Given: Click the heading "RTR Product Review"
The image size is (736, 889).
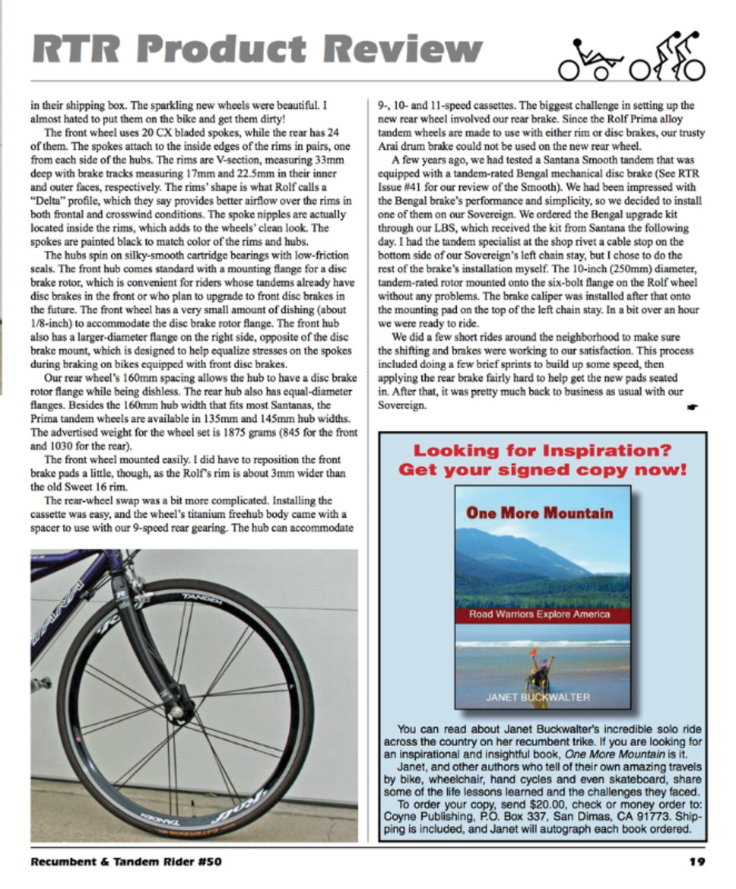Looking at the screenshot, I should tap(257, 50).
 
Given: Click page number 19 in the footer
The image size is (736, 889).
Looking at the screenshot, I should tap(697, 861).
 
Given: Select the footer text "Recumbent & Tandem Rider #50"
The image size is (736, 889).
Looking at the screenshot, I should tap(126, 861).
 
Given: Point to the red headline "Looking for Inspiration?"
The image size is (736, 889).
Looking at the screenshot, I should tap(542, 451).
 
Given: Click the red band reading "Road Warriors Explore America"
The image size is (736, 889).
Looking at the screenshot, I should tap(539, 614).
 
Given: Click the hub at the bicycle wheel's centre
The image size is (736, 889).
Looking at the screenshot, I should tap(182, 709).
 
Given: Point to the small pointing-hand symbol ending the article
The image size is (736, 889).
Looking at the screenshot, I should tap(694, 407).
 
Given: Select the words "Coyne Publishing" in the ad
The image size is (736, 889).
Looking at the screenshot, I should tap(424, 816).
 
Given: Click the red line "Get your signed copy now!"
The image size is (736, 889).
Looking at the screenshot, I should tap(542, 469).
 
